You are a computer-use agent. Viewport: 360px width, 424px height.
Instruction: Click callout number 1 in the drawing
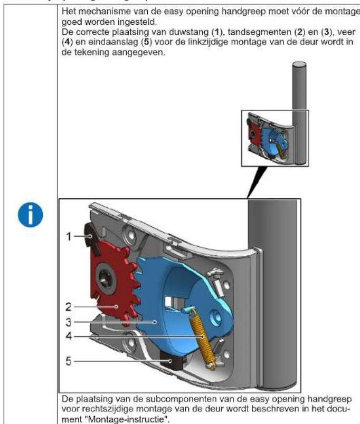[69, 237]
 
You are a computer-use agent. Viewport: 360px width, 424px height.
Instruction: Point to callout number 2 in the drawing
[69, 305]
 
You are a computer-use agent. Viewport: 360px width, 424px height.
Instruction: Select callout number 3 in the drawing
[69, 321]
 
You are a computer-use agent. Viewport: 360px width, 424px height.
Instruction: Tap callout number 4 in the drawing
[69, 335]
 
